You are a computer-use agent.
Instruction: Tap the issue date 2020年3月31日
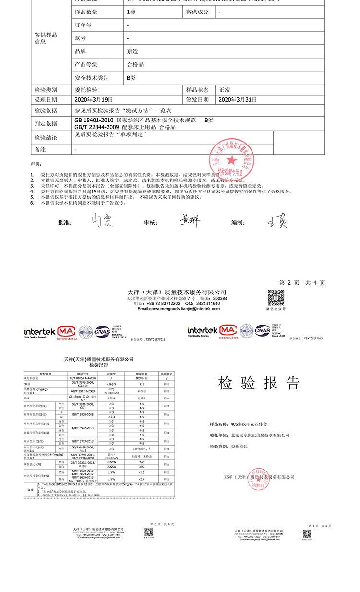(x=239, y=100)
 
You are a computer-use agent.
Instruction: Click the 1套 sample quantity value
(x=131, y=12)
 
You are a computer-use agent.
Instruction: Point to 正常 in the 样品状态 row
(x=224, y=90)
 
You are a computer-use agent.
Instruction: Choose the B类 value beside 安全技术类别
(x=131, y=77)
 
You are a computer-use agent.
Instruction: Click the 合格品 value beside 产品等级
(x=135, y=64)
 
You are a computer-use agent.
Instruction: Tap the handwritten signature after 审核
(x=191, y=221)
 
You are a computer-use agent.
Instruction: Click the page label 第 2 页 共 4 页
(x=302, y=283)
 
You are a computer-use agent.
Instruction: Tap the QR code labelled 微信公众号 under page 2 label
(x=276, y=299)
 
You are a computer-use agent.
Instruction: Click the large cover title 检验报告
(x=259, y=383)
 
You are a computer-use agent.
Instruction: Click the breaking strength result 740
(x=142, y=462)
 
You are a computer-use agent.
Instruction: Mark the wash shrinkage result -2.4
(x=142, y=479)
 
